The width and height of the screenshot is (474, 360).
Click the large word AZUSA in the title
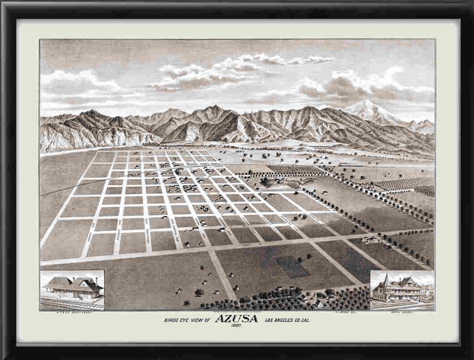tap(237, 319)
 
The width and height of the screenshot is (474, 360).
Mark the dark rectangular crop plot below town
tap(292, 267)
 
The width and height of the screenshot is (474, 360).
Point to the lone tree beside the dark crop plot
tap(309, 257)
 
